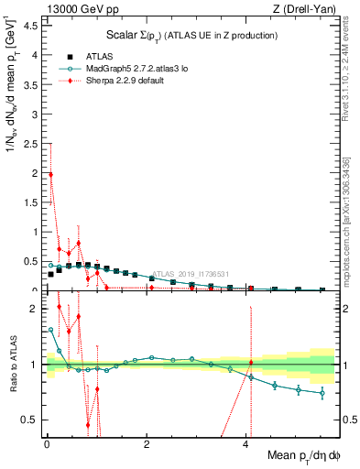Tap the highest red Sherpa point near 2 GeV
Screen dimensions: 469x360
click(x=50, y=174)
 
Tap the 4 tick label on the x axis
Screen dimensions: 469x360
click(x=246, y=445)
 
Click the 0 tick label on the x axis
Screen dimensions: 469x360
click(x=46, y=445)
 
